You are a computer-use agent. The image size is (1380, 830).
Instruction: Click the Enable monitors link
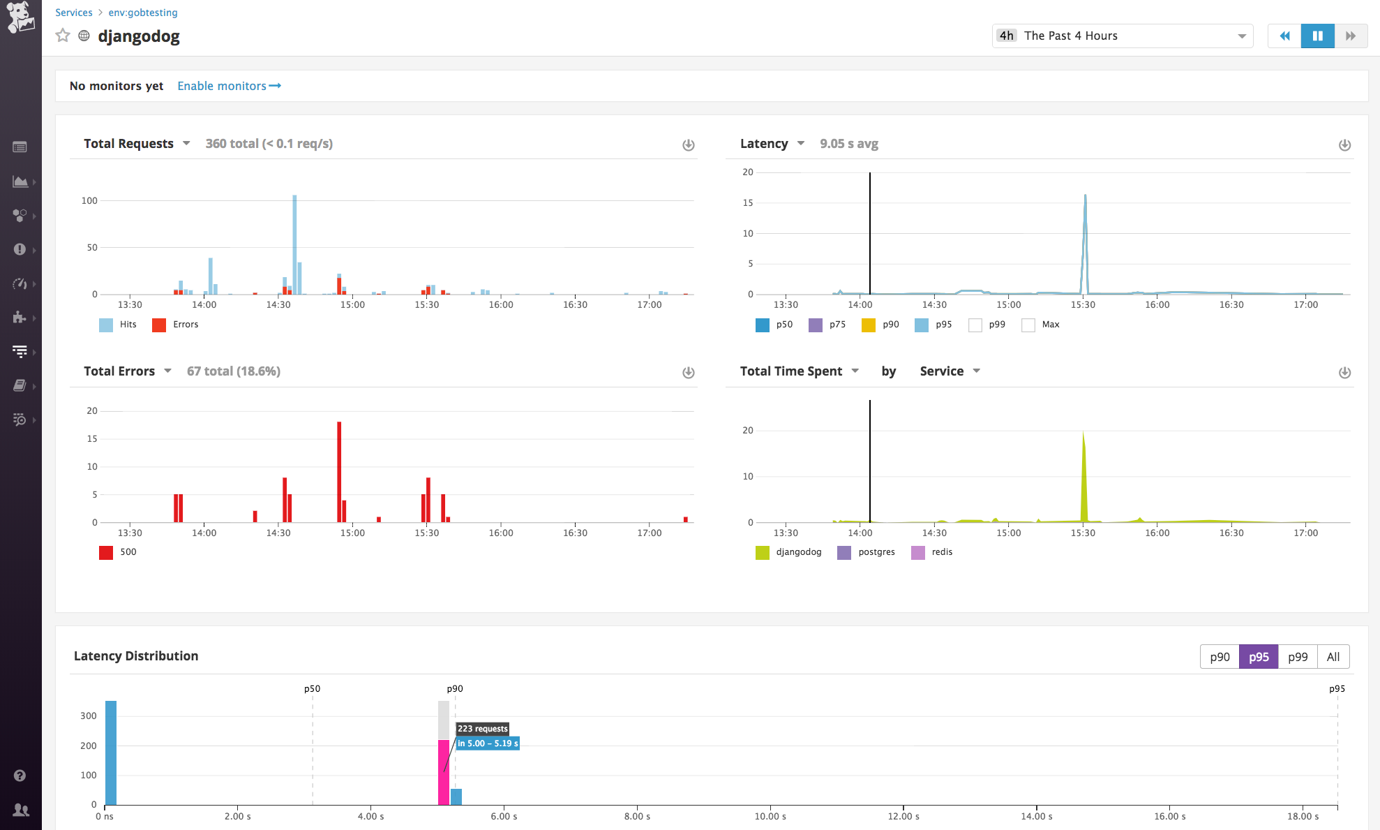(x=228, y=86)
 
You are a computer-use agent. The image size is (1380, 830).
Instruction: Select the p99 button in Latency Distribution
(x=1297, y=657)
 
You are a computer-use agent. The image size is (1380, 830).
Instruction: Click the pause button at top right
(x=1317, y=36)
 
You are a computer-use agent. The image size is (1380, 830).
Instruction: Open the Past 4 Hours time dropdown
(x=1122, y=36)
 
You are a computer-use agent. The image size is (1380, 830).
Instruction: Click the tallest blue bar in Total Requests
(x=294, y=244)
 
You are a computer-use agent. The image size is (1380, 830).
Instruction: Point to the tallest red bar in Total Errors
(x=339, y=471)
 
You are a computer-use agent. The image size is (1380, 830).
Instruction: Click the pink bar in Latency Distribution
(x=444, y=771)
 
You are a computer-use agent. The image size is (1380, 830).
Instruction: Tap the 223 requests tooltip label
(x=483, y=729)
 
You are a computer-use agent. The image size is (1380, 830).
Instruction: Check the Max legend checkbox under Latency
(x=1028, y=325)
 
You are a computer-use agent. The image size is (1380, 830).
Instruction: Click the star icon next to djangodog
(x=63, y=36)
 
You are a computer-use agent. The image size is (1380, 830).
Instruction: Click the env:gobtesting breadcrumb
(x=143, y=13)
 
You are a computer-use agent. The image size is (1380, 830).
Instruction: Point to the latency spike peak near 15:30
(x=1085, y=196)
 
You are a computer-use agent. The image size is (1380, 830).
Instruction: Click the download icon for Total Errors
(x=688, y=373)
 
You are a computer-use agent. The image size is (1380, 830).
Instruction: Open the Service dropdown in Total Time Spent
(x=950, y=371)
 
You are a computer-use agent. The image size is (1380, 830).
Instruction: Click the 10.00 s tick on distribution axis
(x=770, y=816)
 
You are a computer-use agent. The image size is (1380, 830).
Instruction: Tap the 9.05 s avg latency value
(x=848, y=144)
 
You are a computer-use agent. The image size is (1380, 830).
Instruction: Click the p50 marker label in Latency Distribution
(x=312, y=689)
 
